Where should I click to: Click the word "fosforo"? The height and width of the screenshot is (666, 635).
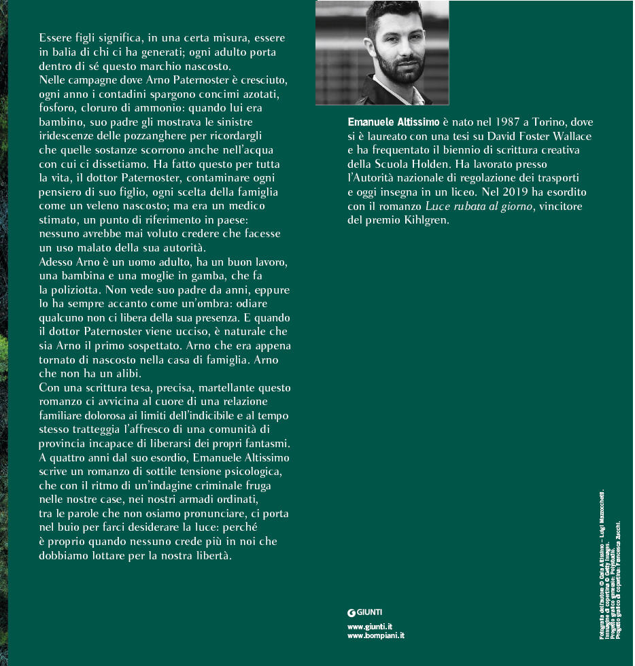59,109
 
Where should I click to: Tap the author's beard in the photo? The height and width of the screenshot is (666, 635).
384,71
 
